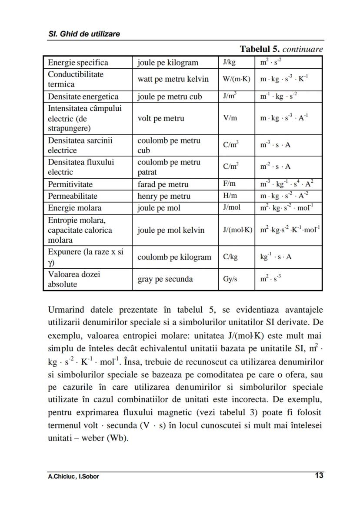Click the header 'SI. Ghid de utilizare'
click(x=84, y=34)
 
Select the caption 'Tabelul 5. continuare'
click(x=281, y=49)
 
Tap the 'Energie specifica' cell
click(x=78, y=62)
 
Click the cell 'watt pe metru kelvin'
click(x=173, y=79)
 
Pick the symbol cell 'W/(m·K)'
click(x=236, y=79)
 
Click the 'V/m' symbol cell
click(x=230, y=118)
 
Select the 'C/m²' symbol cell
click(x=231, y=167)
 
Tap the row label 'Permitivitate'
click(x=70, y=184)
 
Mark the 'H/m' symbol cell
click(x=230, y=196)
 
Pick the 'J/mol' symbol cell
click(x=231, y=207)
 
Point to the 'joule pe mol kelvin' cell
click(x=171, y=230)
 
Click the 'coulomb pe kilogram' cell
click(x=174, y=257)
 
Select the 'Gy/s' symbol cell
click(x=230, y=279)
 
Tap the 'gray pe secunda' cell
click(x=165, y=279)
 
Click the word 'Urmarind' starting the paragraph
click(x=65, y=310)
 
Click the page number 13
click(x=319, y=475)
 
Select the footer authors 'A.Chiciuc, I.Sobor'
click(x=73, y=476)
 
